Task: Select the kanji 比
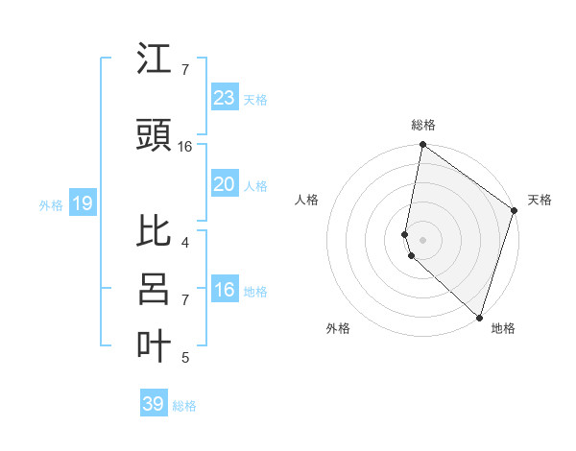[x=155, y=230]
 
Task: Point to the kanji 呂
[x=155, y=289]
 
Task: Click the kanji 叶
[x=155, y=346]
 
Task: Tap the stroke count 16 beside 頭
[x=185, y=147]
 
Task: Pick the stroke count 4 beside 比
[x=185, y=243]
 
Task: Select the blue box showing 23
[x=224, y=98]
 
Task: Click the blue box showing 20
[x=224, y=184]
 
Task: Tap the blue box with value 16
[x=224, y=290]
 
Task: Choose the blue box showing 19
[x=82, y=203]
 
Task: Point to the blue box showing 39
[x=153, y=404]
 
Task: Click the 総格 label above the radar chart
[x=423, y=125]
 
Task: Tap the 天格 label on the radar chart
[x=540, y=200]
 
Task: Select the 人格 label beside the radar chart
[x=307, y=200]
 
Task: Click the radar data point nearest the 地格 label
[x=478, y=317]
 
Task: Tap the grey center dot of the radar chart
[x=423, y=239]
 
